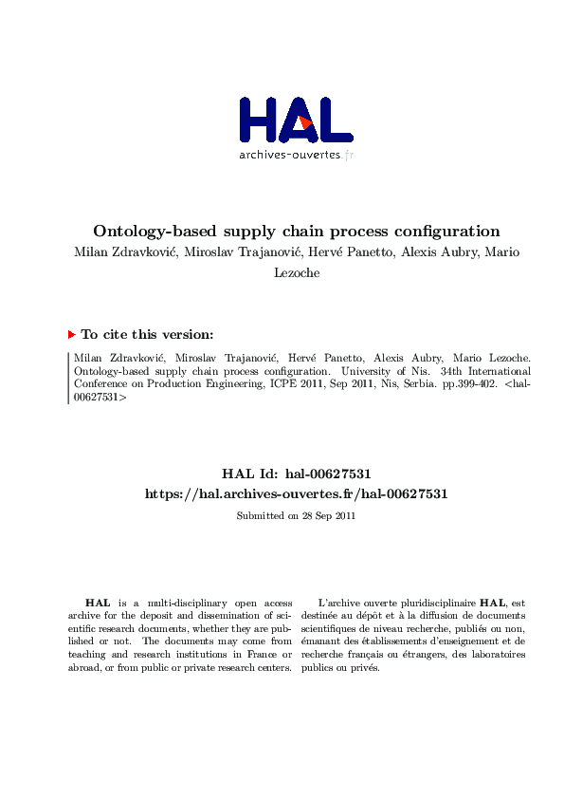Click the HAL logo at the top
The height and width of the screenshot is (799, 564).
pos(295,121)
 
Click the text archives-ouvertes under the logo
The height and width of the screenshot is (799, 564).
pos(289,155)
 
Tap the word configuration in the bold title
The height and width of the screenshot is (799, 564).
pos(446,231)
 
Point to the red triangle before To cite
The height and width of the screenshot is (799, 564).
pos(71,334)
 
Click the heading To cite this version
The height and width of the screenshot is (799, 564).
pos(147,334)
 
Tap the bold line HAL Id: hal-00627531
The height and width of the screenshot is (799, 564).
pos(296,473)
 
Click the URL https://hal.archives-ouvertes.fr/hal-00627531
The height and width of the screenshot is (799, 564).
pos(296,493)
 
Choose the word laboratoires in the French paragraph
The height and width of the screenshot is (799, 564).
pos(495,654)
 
